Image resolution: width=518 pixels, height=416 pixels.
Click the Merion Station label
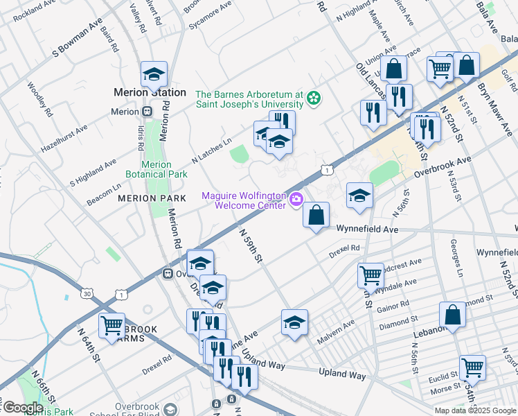click(150, 92)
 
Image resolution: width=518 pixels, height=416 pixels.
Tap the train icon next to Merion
click(147, 111)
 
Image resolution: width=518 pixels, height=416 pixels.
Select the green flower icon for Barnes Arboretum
click(314, 98)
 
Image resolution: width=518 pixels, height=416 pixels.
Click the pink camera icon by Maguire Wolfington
click(296, 200)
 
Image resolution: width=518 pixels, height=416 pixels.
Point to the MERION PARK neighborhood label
click(152, 198)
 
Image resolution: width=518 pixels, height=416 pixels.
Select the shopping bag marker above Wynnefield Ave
click(316, 216)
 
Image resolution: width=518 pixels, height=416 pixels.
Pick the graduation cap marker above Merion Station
click(154, 74)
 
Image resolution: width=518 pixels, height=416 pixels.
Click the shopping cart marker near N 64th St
click(111, 325)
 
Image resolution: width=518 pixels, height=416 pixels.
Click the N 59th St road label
click(251, 245)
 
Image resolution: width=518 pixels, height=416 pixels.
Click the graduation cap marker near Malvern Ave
click(294, 322)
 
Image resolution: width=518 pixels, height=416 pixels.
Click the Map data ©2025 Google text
click(475, 410)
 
